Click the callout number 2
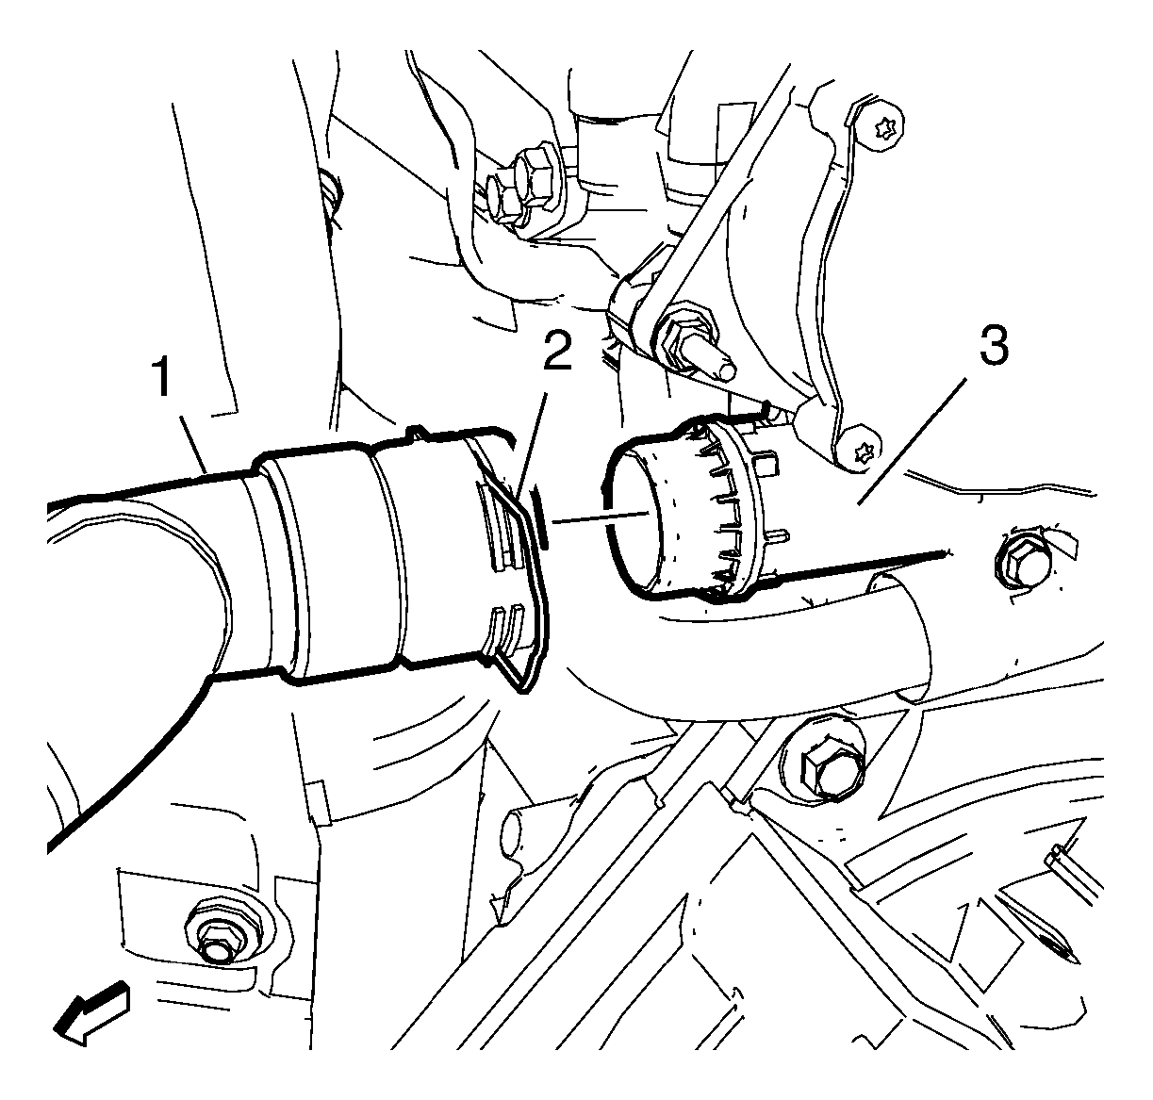point(557,350)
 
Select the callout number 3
point(993,347)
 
